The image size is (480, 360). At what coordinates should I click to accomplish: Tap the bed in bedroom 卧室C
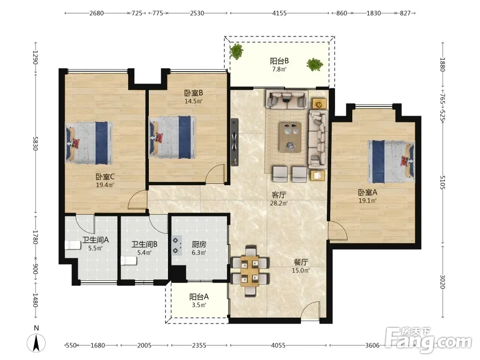(x=89, y=143)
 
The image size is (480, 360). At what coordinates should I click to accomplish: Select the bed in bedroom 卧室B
(x=172, y=137)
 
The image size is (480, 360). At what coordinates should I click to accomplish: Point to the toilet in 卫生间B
(x=129, y=261)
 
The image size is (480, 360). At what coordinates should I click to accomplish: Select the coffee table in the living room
(x=290, y=137)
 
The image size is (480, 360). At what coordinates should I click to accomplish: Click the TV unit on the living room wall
(x=235, y=142)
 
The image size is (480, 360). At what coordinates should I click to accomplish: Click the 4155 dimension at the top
(x=279, y=13)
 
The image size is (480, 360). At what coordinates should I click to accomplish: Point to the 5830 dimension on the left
(x=35, y=143)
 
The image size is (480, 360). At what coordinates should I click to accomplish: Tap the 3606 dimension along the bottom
(x=372, y=345)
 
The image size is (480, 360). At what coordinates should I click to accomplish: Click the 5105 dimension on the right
(x=443, y=182)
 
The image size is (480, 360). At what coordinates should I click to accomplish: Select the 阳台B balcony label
(x=279, y=61)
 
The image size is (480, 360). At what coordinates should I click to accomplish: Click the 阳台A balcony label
(x=199, y=297)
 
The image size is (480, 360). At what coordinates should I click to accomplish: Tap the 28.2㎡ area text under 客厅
(x=278, y=203)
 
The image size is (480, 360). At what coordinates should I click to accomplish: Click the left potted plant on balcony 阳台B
(x=237, y=51)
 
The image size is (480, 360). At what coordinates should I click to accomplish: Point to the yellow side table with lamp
(x=319, y=104)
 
